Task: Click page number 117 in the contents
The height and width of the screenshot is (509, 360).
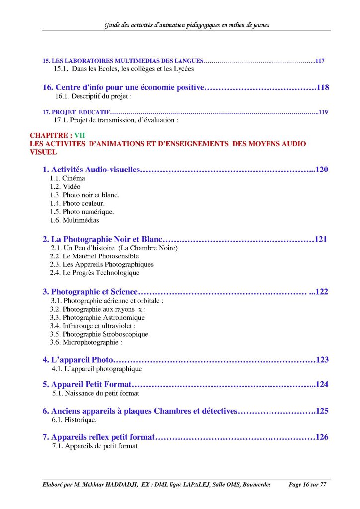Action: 320,61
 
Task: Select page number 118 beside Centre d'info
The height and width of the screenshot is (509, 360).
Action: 323,87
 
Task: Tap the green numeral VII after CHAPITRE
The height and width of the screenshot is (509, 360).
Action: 79,135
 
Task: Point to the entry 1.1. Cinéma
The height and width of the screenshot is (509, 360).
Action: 67,178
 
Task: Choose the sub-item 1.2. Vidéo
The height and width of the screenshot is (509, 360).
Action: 65,186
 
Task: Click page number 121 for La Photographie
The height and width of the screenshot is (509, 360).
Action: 321,239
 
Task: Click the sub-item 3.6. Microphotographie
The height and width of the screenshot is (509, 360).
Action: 86,342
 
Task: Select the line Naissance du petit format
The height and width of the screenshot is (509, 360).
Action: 95,393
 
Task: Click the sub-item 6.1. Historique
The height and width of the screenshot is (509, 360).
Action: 74,420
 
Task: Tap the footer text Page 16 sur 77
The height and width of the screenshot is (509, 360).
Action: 307,485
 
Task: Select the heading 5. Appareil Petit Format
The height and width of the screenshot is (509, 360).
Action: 87,384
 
